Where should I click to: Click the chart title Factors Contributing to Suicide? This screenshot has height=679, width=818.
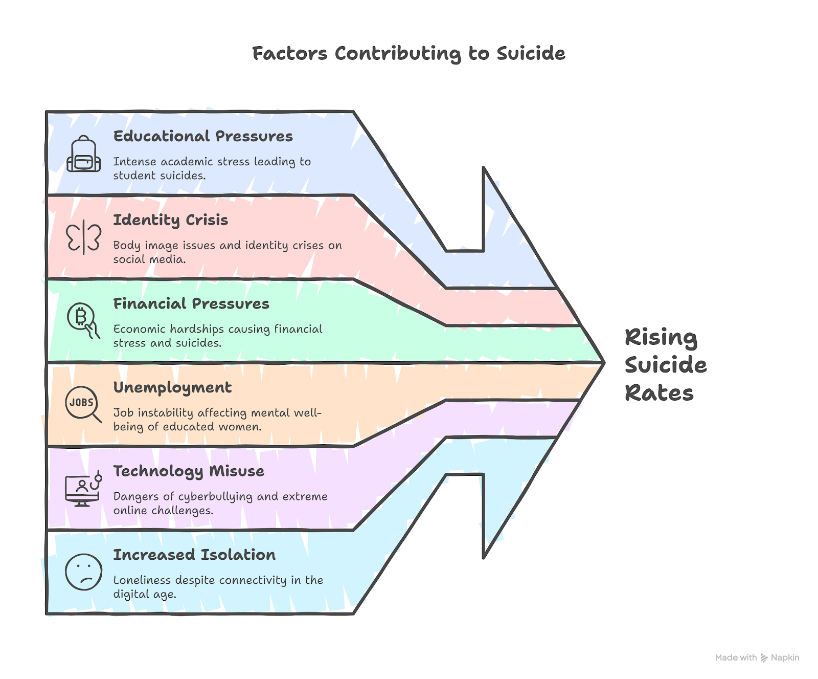[x=408, y=54]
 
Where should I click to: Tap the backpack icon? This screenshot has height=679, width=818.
[x=83, y=154]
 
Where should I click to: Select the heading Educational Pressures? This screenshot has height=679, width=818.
[x=203, y=136]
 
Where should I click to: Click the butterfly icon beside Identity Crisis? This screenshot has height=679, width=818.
[x=83, y=237]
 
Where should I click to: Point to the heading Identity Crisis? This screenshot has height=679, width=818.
[x=170, y=220]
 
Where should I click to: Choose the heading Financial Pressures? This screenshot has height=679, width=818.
[x=191, y=304]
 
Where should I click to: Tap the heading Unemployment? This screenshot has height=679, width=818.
[x=172, y=388]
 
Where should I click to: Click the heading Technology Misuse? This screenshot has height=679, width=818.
[x=189, y=471]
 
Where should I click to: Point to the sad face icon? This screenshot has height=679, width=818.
[x=83, y=572]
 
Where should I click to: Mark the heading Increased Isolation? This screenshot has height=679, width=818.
[x=194, y=555]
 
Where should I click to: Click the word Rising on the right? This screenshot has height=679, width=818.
[x=661, y=338]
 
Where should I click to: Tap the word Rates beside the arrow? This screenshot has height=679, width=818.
[x=659, y=393]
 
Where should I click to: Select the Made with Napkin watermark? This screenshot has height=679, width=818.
[x=757, y=658]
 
